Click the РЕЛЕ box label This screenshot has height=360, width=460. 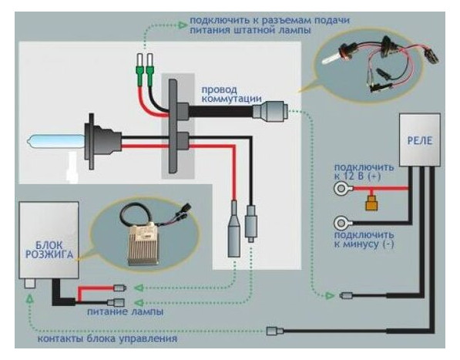click(420, 141)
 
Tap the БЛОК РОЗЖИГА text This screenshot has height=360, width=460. click(49, 250)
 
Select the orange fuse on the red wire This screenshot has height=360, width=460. click(371, 203)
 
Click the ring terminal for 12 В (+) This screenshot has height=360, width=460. click(341, 189)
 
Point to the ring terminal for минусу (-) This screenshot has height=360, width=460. click(341, 224)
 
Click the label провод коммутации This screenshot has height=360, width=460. click(231, 94)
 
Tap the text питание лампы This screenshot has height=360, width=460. click(126, 311)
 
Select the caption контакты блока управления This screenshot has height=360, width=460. click(107, 339)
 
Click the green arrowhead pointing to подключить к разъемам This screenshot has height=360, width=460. click(183, 25)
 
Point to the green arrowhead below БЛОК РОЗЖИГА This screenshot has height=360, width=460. click(29, 298)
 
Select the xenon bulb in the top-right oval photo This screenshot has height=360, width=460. click(335, 56)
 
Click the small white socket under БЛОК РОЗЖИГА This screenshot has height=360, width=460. click(29, 284)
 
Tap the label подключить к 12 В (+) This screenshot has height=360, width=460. click(364, 172)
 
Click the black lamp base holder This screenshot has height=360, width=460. click(101, 141)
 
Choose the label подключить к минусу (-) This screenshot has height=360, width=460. click(364, 240)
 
